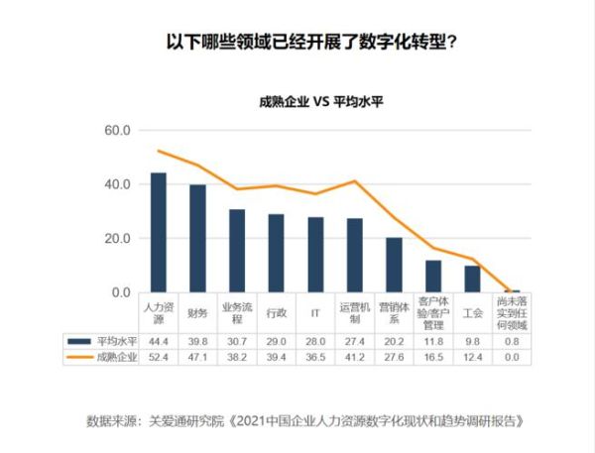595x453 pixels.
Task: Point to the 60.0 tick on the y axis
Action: pyautogui.click(x=119, y=131)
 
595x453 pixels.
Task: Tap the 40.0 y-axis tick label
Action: pyautogui.click(x=119, y=184)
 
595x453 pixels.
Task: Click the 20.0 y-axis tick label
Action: pyautogui.click(x=119, y=239)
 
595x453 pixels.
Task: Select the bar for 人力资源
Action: pyautogui.click(x=159, y=233)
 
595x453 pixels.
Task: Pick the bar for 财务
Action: pyautogui.click(x=197, y=239)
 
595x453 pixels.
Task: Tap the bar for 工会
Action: pyautogui.click(x=472, y=280)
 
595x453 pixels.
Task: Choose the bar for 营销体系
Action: pyautogui.click(x=394, y=265)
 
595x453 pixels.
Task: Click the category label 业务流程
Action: pyautogui.click(x=237, y=313)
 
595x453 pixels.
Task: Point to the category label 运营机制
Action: pyautogui.click(x=354, y=313)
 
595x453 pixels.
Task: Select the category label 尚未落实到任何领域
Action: pyautogui.click(x=511, y=313)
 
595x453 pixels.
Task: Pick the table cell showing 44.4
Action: pyautogui.click(x=159, y=340)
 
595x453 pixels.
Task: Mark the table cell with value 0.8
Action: pyautogui.click(x=511, y=340)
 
